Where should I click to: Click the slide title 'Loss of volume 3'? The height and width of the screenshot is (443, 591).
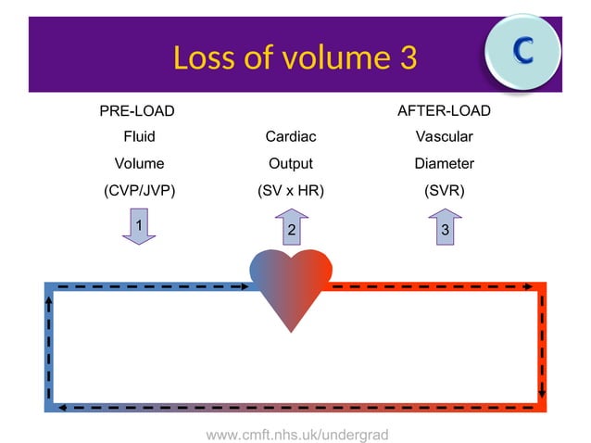(295, 57)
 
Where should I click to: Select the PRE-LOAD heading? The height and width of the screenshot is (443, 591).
(137, 111)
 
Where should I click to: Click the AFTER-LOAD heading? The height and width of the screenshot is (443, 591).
(444, 111)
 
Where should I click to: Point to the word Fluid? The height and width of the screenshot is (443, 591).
(139, 137)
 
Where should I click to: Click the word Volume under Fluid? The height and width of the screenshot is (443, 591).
(139, 163)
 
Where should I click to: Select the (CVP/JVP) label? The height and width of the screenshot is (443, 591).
(139, 190)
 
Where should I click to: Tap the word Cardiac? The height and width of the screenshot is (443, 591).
(291, 137)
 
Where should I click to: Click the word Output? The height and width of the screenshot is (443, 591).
(291, 163)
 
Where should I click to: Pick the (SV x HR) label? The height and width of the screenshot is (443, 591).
(291, 190)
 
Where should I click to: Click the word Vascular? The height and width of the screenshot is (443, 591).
(445, 137)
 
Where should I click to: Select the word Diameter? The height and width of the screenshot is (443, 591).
(445, 163)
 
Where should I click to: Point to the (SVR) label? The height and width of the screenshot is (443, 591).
(445, 190)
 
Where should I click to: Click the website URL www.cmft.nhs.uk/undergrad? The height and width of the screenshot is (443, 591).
(296, 434)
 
